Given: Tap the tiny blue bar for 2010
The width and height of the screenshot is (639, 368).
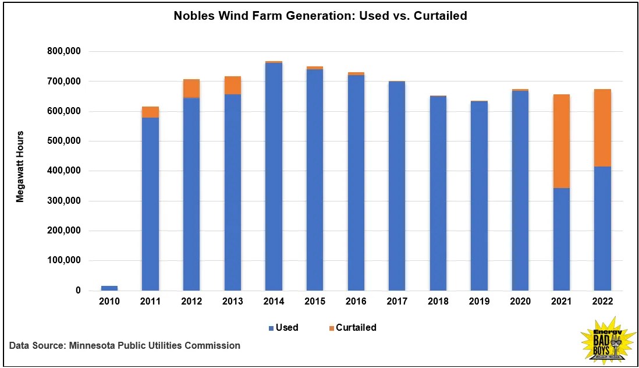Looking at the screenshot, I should click(109, 288).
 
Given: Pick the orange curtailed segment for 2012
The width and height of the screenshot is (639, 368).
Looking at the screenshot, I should click(191, 89).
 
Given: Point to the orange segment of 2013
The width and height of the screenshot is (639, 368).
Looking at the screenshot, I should click(233, 85).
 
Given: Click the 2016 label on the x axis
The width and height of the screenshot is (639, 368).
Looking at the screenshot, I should click(356, 301).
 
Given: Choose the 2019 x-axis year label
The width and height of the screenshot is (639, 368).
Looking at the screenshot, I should click(479, 301).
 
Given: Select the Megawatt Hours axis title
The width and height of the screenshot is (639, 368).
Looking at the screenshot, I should click(20, 167).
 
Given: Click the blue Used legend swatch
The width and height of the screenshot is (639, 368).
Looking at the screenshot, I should click(271, 328).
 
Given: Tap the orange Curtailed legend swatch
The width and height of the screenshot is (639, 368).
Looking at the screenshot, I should click(332, 328).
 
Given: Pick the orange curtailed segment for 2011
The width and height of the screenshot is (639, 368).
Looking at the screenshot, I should click(151, 112).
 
